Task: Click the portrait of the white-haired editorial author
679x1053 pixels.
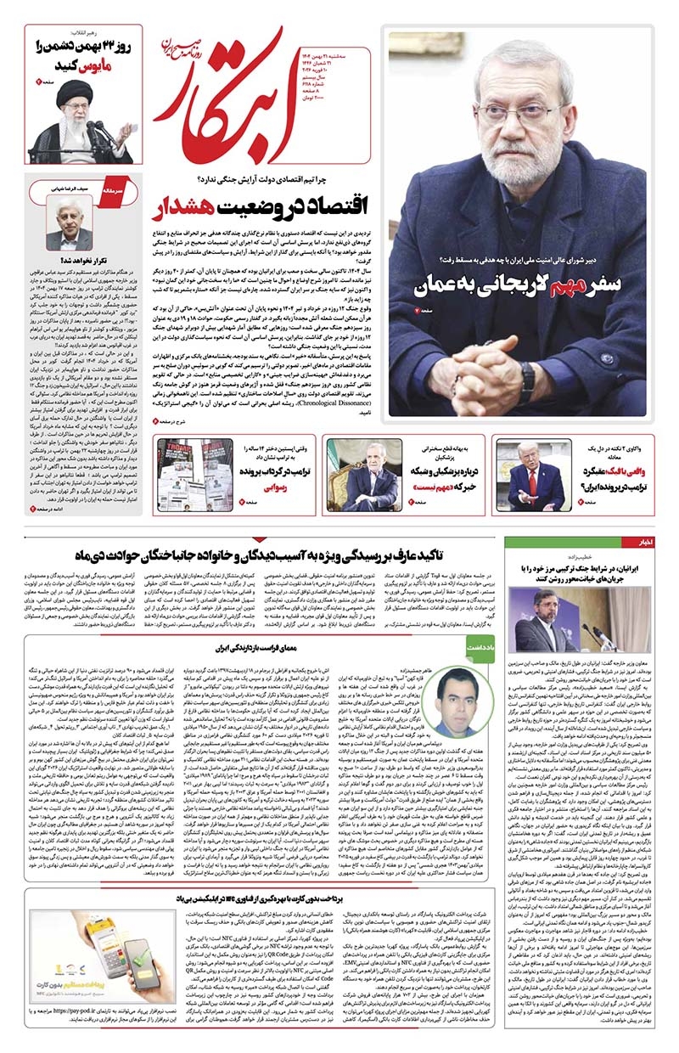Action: click(70, 221)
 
